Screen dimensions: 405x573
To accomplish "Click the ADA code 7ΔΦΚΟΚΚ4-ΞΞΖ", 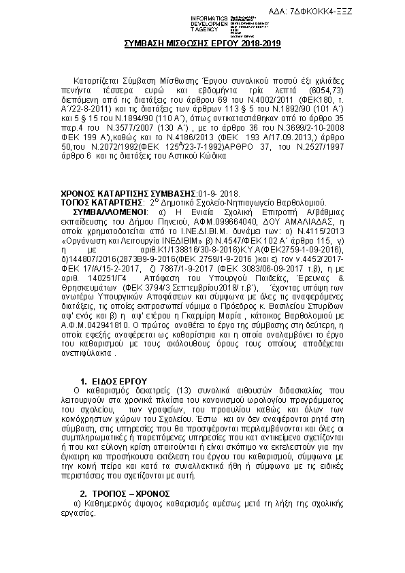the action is coord(359,12).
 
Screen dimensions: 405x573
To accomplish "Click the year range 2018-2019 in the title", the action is coord(259,43).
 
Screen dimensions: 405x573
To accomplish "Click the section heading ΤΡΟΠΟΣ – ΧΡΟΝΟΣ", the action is coord(129,493).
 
